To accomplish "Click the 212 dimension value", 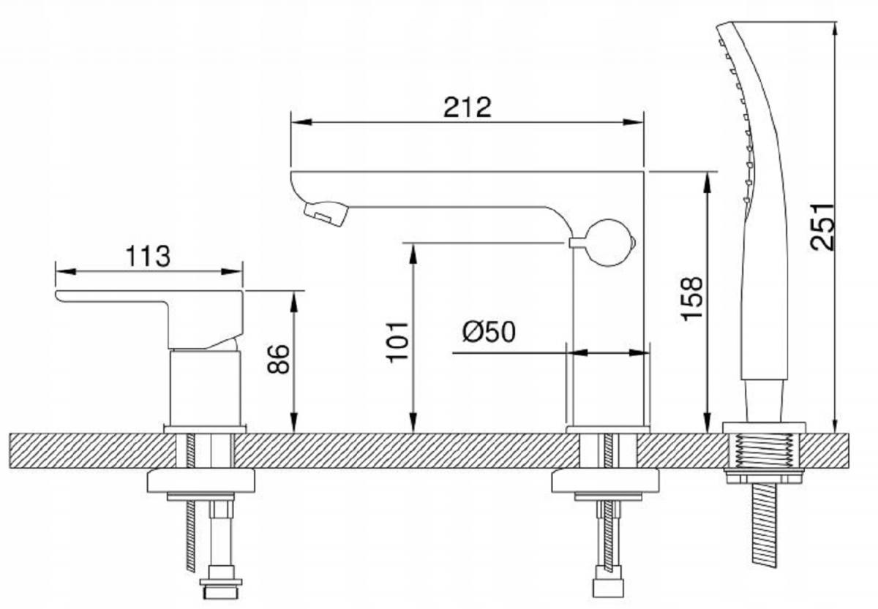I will (468, 107).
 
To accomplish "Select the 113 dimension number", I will (148, 257).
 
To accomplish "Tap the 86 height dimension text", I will (279, 359).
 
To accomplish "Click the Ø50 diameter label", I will (488, 332).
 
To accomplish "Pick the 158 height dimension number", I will (691, 297).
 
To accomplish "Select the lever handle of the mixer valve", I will (146, 298).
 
